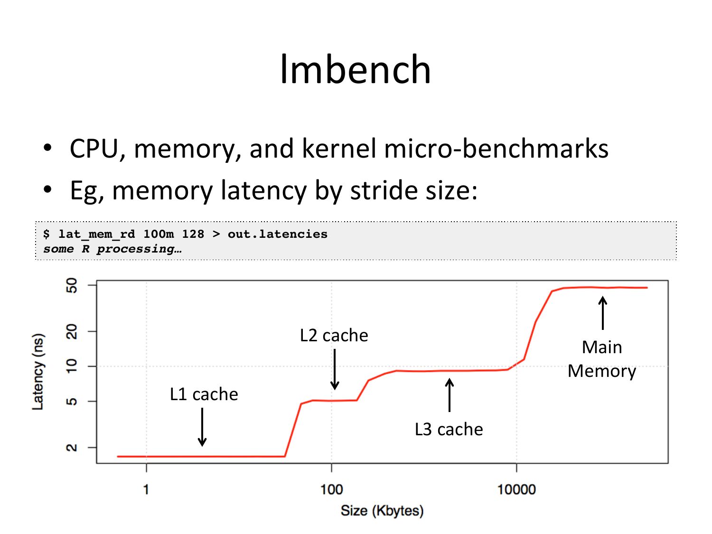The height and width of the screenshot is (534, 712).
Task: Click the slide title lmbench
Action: (x=356, y=69)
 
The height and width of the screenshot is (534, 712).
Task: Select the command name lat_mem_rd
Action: (x=97, y=234)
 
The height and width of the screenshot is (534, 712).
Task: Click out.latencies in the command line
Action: (x=277, y=234)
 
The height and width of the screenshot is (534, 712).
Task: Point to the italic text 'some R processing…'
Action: (x=112, y=249)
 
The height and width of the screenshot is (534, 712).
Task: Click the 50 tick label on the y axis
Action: (x=71, y=285)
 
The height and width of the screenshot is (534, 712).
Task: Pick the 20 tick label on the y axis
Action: (x=71, y=331)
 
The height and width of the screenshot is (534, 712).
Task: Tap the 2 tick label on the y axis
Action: (x=71, y=448)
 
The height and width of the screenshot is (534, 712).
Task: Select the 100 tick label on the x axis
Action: (x=331, y=489)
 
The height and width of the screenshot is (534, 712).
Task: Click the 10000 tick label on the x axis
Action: (x=516, y=489)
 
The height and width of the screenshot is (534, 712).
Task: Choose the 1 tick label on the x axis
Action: (x=146, y=489)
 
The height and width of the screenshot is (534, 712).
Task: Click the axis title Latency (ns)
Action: (x=38, y=372)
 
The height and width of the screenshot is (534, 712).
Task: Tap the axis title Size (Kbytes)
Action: (x=382, y=511)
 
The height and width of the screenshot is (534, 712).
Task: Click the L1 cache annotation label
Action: (x=204, y=394)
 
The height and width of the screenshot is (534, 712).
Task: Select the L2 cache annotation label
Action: (x=334, y=336)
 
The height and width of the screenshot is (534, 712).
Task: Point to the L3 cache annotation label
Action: (x=449, y=430)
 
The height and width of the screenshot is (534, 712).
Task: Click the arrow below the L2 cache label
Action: (x=335, y=369)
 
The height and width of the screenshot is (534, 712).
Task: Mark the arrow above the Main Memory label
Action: (x=603, y=313)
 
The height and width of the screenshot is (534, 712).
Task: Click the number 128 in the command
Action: (x=193, y=234)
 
